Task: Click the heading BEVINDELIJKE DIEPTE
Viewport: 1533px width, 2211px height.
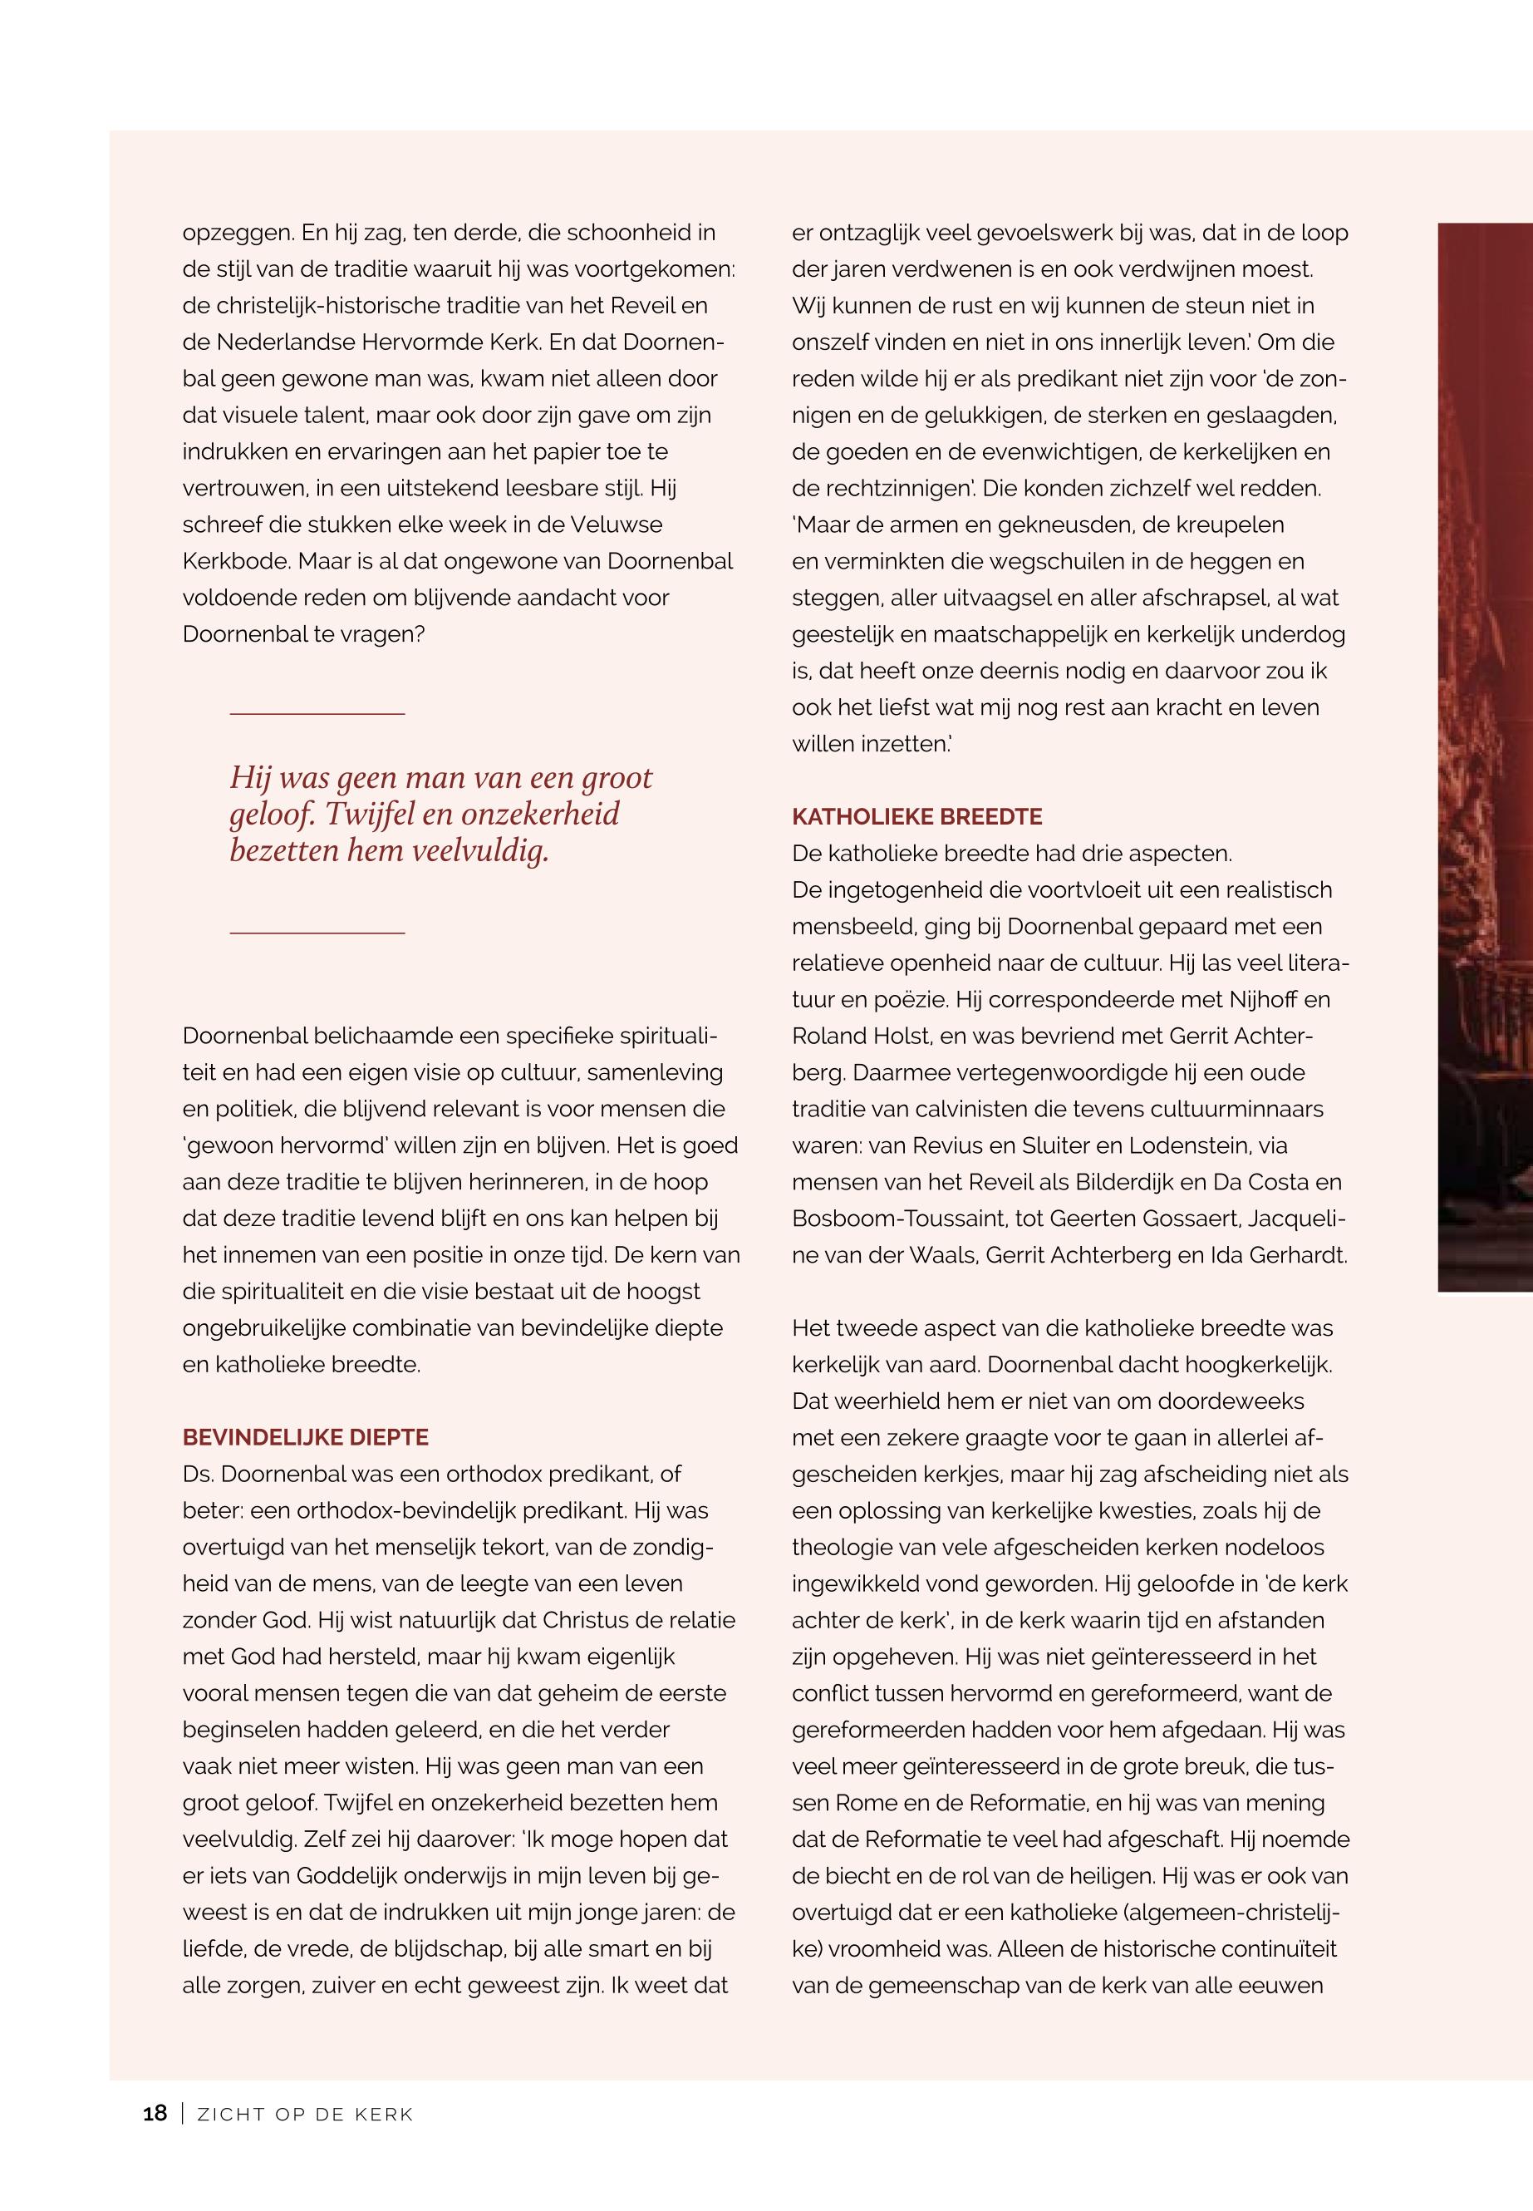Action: [x=306, y=1437]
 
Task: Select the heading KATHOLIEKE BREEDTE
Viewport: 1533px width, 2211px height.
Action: [x=916, y=817]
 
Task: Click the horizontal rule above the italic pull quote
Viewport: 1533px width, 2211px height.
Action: [x=317, y=714]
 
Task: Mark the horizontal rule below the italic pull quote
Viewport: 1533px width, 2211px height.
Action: [x=317, y=933]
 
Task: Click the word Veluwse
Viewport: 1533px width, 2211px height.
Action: [x=616, y=524]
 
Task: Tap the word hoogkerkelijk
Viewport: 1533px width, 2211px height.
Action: [x=1257, y=1365]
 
